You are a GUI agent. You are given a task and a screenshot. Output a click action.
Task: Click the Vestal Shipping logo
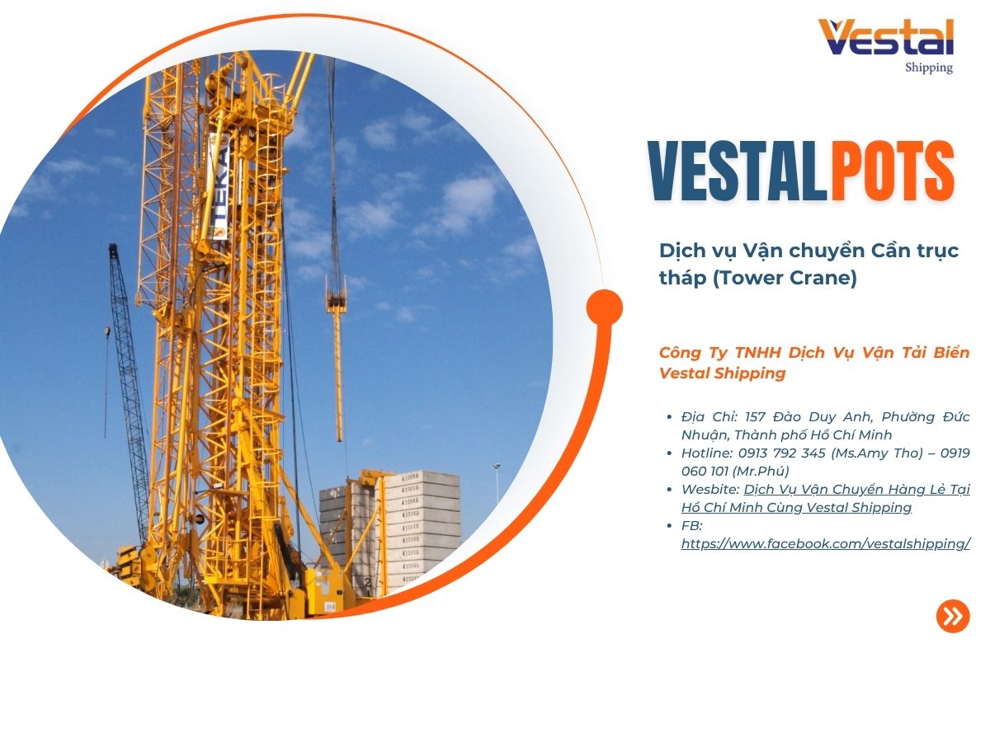click(x=885, y=46)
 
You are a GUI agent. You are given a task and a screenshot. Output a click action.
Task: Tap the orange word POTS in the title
click(x=892, y=171)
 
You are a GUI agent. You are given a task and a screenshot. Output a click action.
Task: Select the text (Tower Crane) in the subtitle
click(x=785, y=277)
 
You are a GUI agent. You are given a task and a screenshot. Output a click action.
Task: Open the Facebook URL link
click(x=825, y=544)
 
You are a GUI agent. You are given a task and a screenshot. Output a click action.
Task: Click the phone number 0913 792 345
click(x=781, y=453)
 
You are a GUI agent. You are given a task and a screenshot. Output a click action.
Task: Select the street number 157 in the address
click(x=755, y=416)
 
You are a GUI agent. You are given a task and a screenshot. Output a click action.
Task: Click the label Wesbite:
click(x=710, y=489)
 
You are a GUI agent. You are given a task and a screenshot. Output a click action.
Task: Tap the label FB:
click(x=692, y=525)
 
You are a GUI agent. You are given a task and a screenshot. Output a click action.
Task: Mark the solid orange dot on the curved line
click(x=605, y=308)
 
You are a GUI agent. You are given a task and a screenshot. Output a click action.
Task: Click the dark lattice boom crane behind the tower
click(x=130, y=387)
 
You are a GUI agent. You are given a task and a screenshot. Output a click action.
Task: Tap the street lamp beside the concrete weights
click(x=496, y=482)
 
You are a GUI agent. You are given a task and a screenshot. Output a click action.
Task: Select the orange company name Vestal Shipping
click(x=722, y=373)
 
